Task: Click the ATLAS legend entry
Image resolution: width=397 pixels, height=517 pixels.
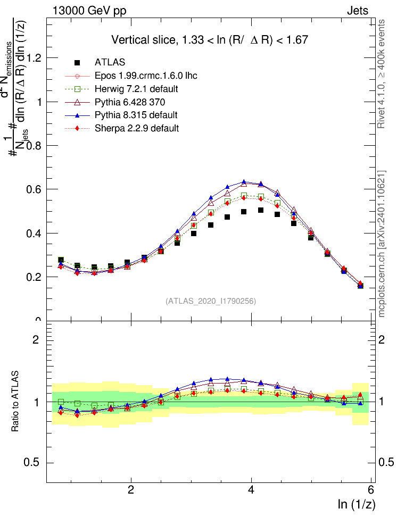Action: [x=110, y=62]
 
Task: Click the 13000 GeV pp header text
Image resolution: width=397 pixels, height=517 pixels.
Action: [x=89, y=10]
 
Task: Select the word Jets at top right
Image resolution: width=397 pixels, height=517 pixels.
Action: [x=357, y=10]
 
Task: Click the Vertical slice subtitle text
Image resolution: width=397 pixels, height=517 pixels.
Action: [x=210, y=40]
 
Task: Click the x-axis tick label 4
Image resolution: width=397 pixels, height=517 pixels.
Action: [x=251, y=490]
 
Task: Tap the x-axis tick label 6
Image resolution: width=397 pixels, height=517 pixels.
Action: [x=371, y=490]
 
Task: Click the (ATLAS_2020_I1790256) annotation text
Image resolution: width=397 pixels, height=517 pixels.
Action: [x=211, y=301]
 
